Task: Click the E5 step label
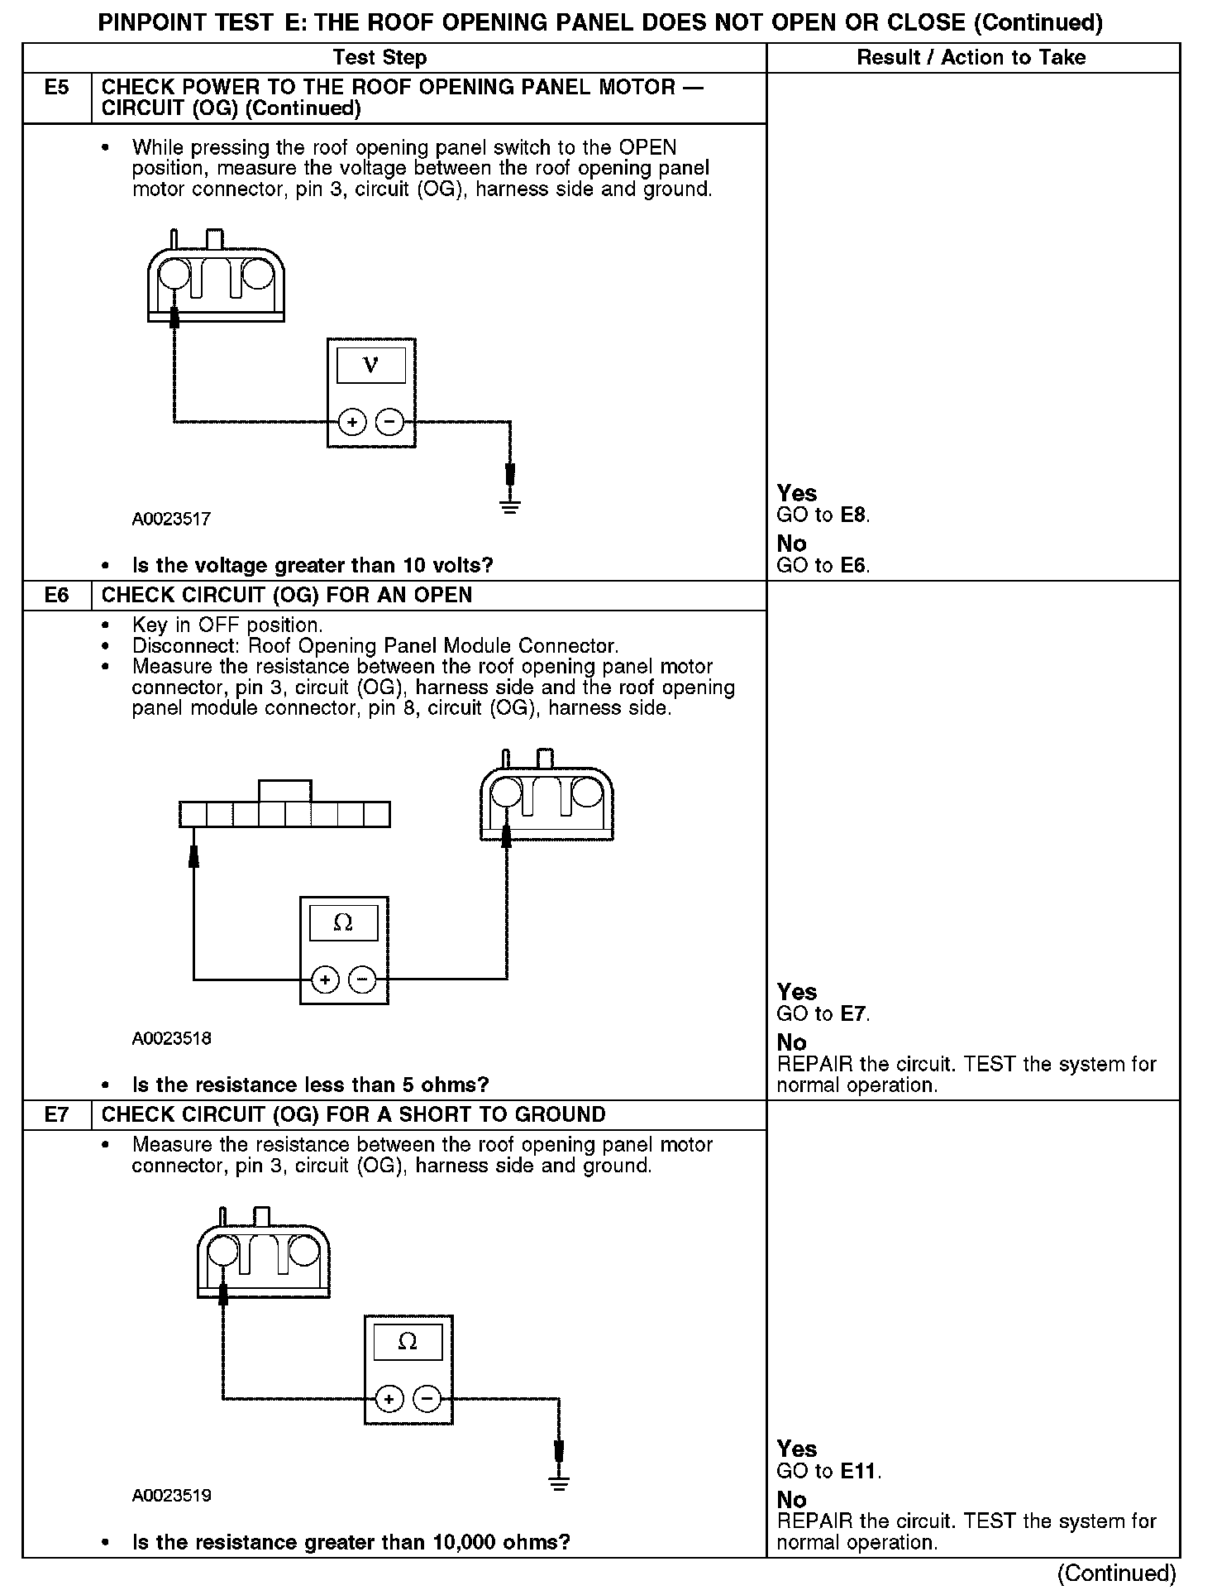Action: pos(56,88)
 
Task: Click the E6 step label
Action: pos(56,596)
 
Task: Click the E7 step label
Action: pos(56,1115)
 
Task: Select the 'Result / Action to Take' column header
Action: pos(971,57)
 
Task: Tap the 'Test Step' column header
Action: pos(379,57)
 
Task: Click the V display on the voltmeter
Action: pos(370,365)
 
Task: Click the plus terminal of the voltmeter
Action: pos(352,422)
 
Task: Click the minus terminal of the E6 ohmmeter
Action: pos(362,980)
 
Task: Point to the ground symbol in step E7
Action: pos(560,1483)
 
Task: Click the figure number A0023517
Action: pos(171,520)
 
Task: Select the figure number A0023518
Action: pos(171,1038)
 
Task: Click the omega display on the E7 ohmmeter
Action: pos(408,1342)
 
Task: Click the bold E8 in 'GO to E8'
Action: pos(853,515)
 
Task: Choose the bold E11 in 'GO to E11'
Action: pos(859,1471)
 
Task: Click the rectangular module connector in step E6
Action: pos(284,814)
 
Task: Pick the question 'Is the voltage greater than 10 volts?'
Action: pos(313,566)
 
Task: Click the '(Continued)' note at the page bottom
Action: pos(1116,1573)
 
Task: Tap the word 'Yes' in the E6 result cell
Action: pos(797,992)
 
